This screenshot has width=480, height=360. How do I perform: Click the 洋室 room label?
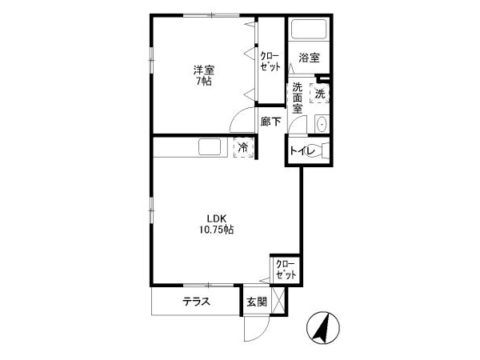[x=204, y=70]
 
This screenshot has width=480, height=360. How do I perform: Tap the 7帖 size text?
[x=204, y=82]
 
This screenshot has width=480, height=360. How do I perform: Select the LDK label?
[x=217, y=218]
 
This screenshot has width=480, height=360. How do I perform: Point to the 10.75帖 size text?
[x=217, y=230]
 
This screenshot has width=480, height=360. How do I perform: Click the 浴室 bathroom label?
[x=309, y=58]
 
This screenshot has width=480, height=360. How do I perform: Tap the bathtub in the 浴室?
[x=309, y=30]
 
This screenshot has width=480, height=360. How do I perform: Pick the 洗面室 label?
[x=297, y=98]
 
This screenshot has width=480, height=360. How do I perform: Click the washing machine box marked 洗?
[x=320, y=93]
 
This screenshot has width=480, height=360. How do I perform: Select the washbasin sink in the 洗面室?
[x=322, y=124]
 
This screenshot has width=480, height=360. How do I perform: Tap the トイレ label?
[x=302, y=151]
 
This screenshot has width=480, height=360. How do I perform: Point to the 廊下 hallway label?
[x=270, y=122]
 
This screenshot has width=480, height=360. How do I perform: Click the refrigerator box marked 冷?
[x=244, y=148]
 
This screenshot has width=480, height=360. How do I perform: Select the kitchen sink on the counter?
[x=210, y=147]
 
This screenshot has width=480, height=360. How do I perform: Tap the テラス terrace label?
[x=196, y=302]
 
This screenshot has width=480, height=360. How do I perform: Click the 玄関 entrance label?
[x=257, y=302]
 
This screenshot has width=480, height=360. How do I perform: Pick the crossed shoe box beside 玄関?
[x=278, y=301]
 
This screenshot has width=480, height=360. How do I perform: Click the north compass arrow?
[x=323, y=328]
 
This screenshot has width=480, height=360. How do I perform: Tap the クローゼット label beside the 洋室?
[x=270, y=62]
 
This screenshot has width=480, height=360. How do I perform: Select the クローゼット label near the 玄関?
[x=286, y=270]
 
